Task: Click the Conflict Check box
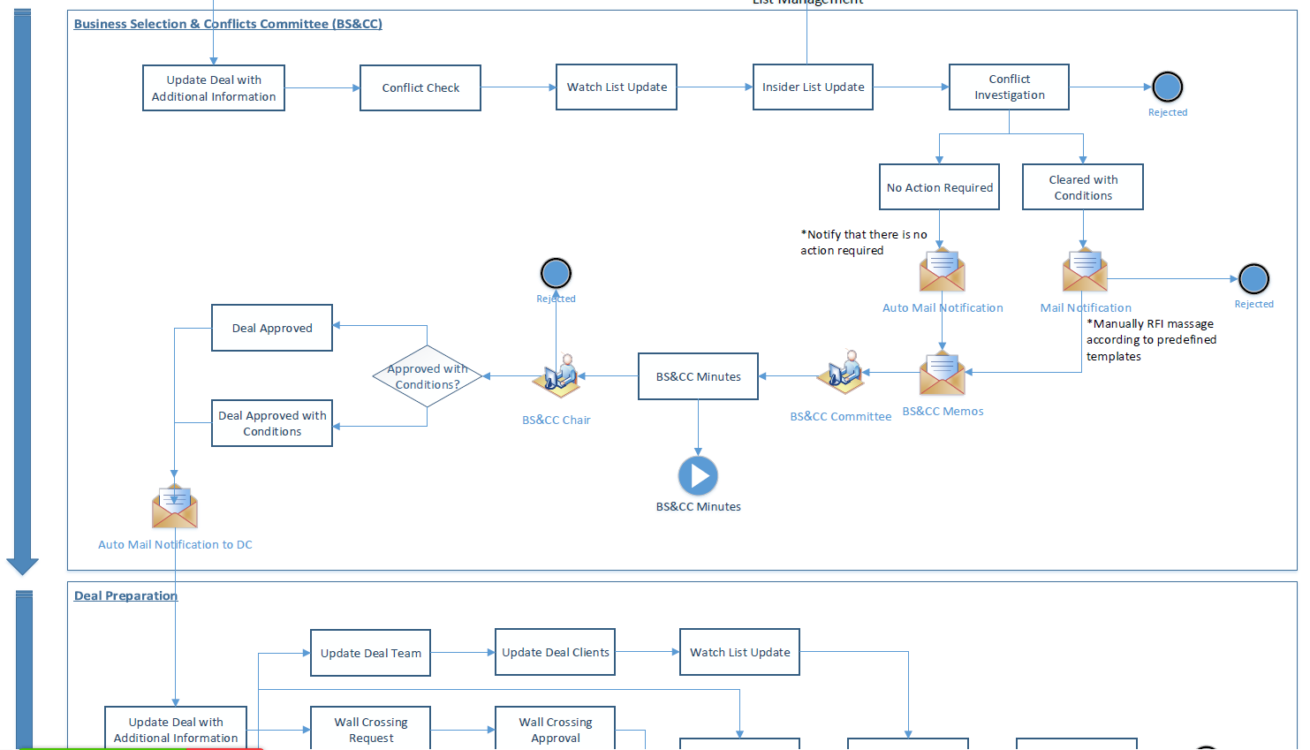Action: click(420, 87)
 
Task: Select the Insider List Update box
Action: click(813, 87)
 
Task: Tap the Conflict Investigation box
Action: click(1009, 87)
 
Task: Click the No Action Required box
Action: click(939, 187)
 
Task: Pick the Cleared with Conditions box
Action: click(1082, 187)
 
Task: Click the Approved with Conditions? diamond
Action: click(428, 376)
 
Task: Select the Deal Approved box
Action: click(272, 328)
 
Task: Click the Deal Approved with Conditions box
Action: click(272, 423)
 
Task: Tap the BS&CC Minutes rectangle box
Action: click(698, 376)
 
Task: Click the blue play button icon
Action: click(698, 476)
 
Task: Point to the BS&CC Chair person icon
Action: click(557, 376)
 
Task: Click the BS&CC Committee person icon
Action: click(841, 373)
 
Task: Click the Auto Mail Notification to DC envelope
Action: click(174, 507)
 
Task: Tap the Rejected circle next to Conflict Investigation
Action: click(1167, 87)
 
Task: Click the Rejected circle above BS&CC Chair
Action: click(556, 273)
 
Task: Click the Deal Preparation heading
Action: click(125, 595)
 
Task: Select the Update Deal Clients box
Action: click(555, 652)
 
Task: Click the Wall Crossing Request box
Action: click(370, 729)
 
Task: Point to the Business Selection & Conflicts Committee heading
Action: click(228, 24)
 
